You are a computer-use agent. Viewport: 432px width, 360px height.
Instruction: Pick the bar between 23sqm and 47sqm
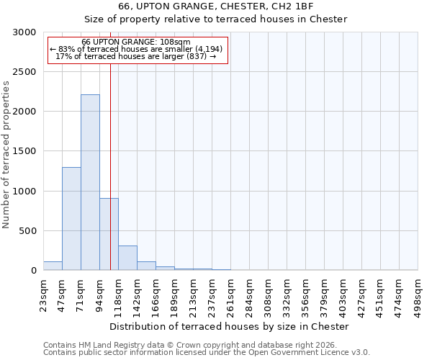pyautogui.click(x=53, y=266)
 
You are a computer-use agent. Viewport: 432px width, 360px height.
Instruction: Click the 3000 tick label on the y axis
pyautogui.click(x=24, y=32)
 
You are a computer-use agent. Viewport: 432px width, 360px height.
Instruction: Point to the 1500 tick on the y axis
pyautogui.click(x=24, y=151)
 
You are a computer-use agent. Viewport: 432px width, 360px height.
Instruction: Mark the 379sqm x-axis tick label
pyautogui.click(x=325, y=294)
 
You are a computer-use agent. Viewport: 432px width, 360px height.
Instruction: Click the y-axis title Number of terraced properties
pyautogui.click(x=6, y=155)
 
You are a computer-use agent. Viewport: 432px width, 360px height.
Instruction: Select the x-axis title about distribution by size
pyautogui.click(x=230, y=326)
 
